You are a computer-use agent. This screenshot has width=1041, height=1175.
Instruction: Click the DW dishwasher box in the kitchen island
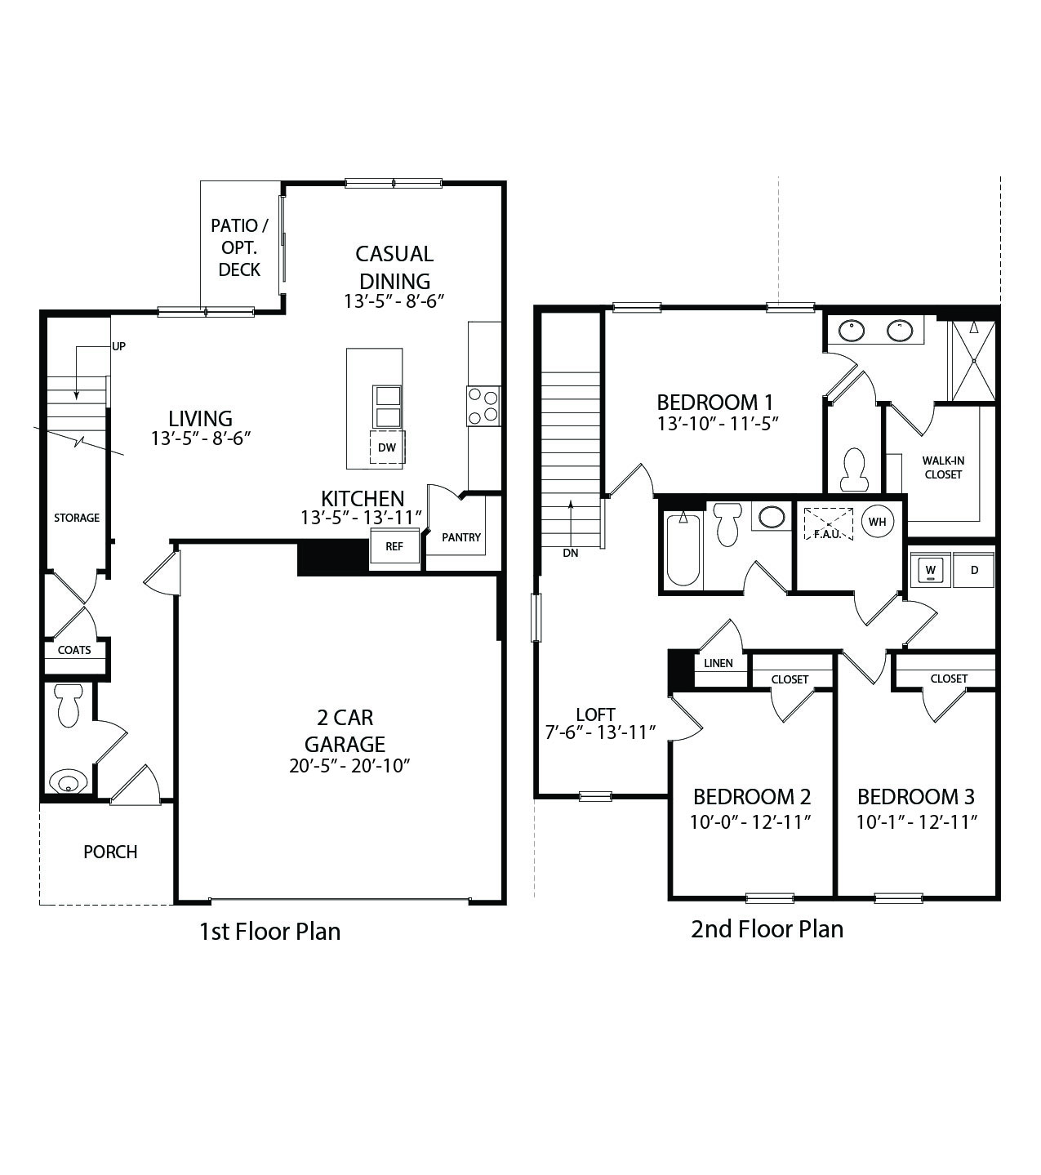(x=387, y=447)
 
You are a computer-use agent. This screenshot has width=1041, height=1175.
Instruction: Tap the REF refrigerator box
(x=394, y=546)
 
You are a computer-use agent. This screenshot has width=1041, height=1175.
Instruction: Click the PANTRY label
(x=461, y=537)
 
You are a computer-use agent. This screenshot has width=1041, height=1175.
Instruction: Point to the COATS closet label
(x=74, y=650)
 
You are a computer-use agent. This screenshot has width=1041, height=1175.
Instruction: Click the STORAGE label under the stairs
(x=77, y=518)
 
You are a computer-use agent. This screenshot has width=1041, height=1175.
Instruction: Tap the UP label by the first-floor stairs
(x=119, y=346)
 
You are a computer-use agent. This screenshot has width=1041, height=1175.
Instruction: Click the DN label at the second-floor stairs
(x=570, y=553)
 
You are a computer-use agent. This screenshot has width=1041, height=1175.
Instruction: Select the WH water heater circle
(x=877, y=522)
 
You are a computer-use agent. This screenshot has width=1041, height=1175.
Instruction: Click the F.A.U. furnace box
(x=828, y=523)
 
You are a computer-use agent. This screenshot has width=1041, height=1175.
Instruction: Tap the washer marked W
(x=930, y=569)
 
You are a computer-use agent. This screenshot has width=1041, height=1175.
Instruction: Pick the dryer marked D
(x=974, y=570)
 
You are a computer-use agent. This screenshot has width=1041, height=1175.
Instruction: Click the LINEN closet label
(x=718, y=663)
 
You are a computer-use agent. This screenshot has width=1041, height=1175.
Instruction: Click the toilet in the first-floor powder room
(x=68, y=705)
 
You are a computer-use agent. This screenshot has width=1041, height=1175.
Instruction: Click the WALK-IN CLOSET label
(x=943, y=467)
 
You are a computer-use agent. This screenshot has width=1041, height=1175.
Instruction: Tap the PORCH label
(x=110, y=852)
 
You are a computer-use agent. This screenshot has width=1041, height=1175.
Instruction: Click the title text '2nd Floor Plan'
(x=767, y=928)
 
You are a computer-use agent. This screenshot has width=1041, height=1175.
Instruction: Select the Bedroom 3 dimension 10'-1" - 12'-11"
(x=916, y=821)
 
